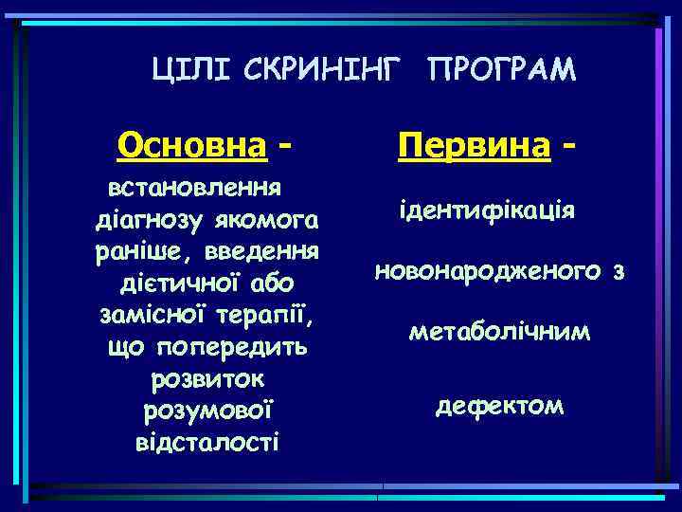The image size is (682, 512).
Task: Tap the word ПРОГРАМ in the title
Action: pyautogui.click(x=501, y=69)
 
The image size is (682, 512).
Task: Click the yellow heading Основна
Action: pyautogui.click(x=190, y=147)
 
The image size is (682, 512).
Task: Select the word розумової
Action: pyautogui.click(x=207, y=411)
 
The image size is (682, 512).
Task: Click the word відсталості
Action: pyautogui.click(x=207, y=441)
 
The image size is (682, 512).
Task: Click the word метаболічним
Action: pyautogui.click(x=499, y=333)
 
